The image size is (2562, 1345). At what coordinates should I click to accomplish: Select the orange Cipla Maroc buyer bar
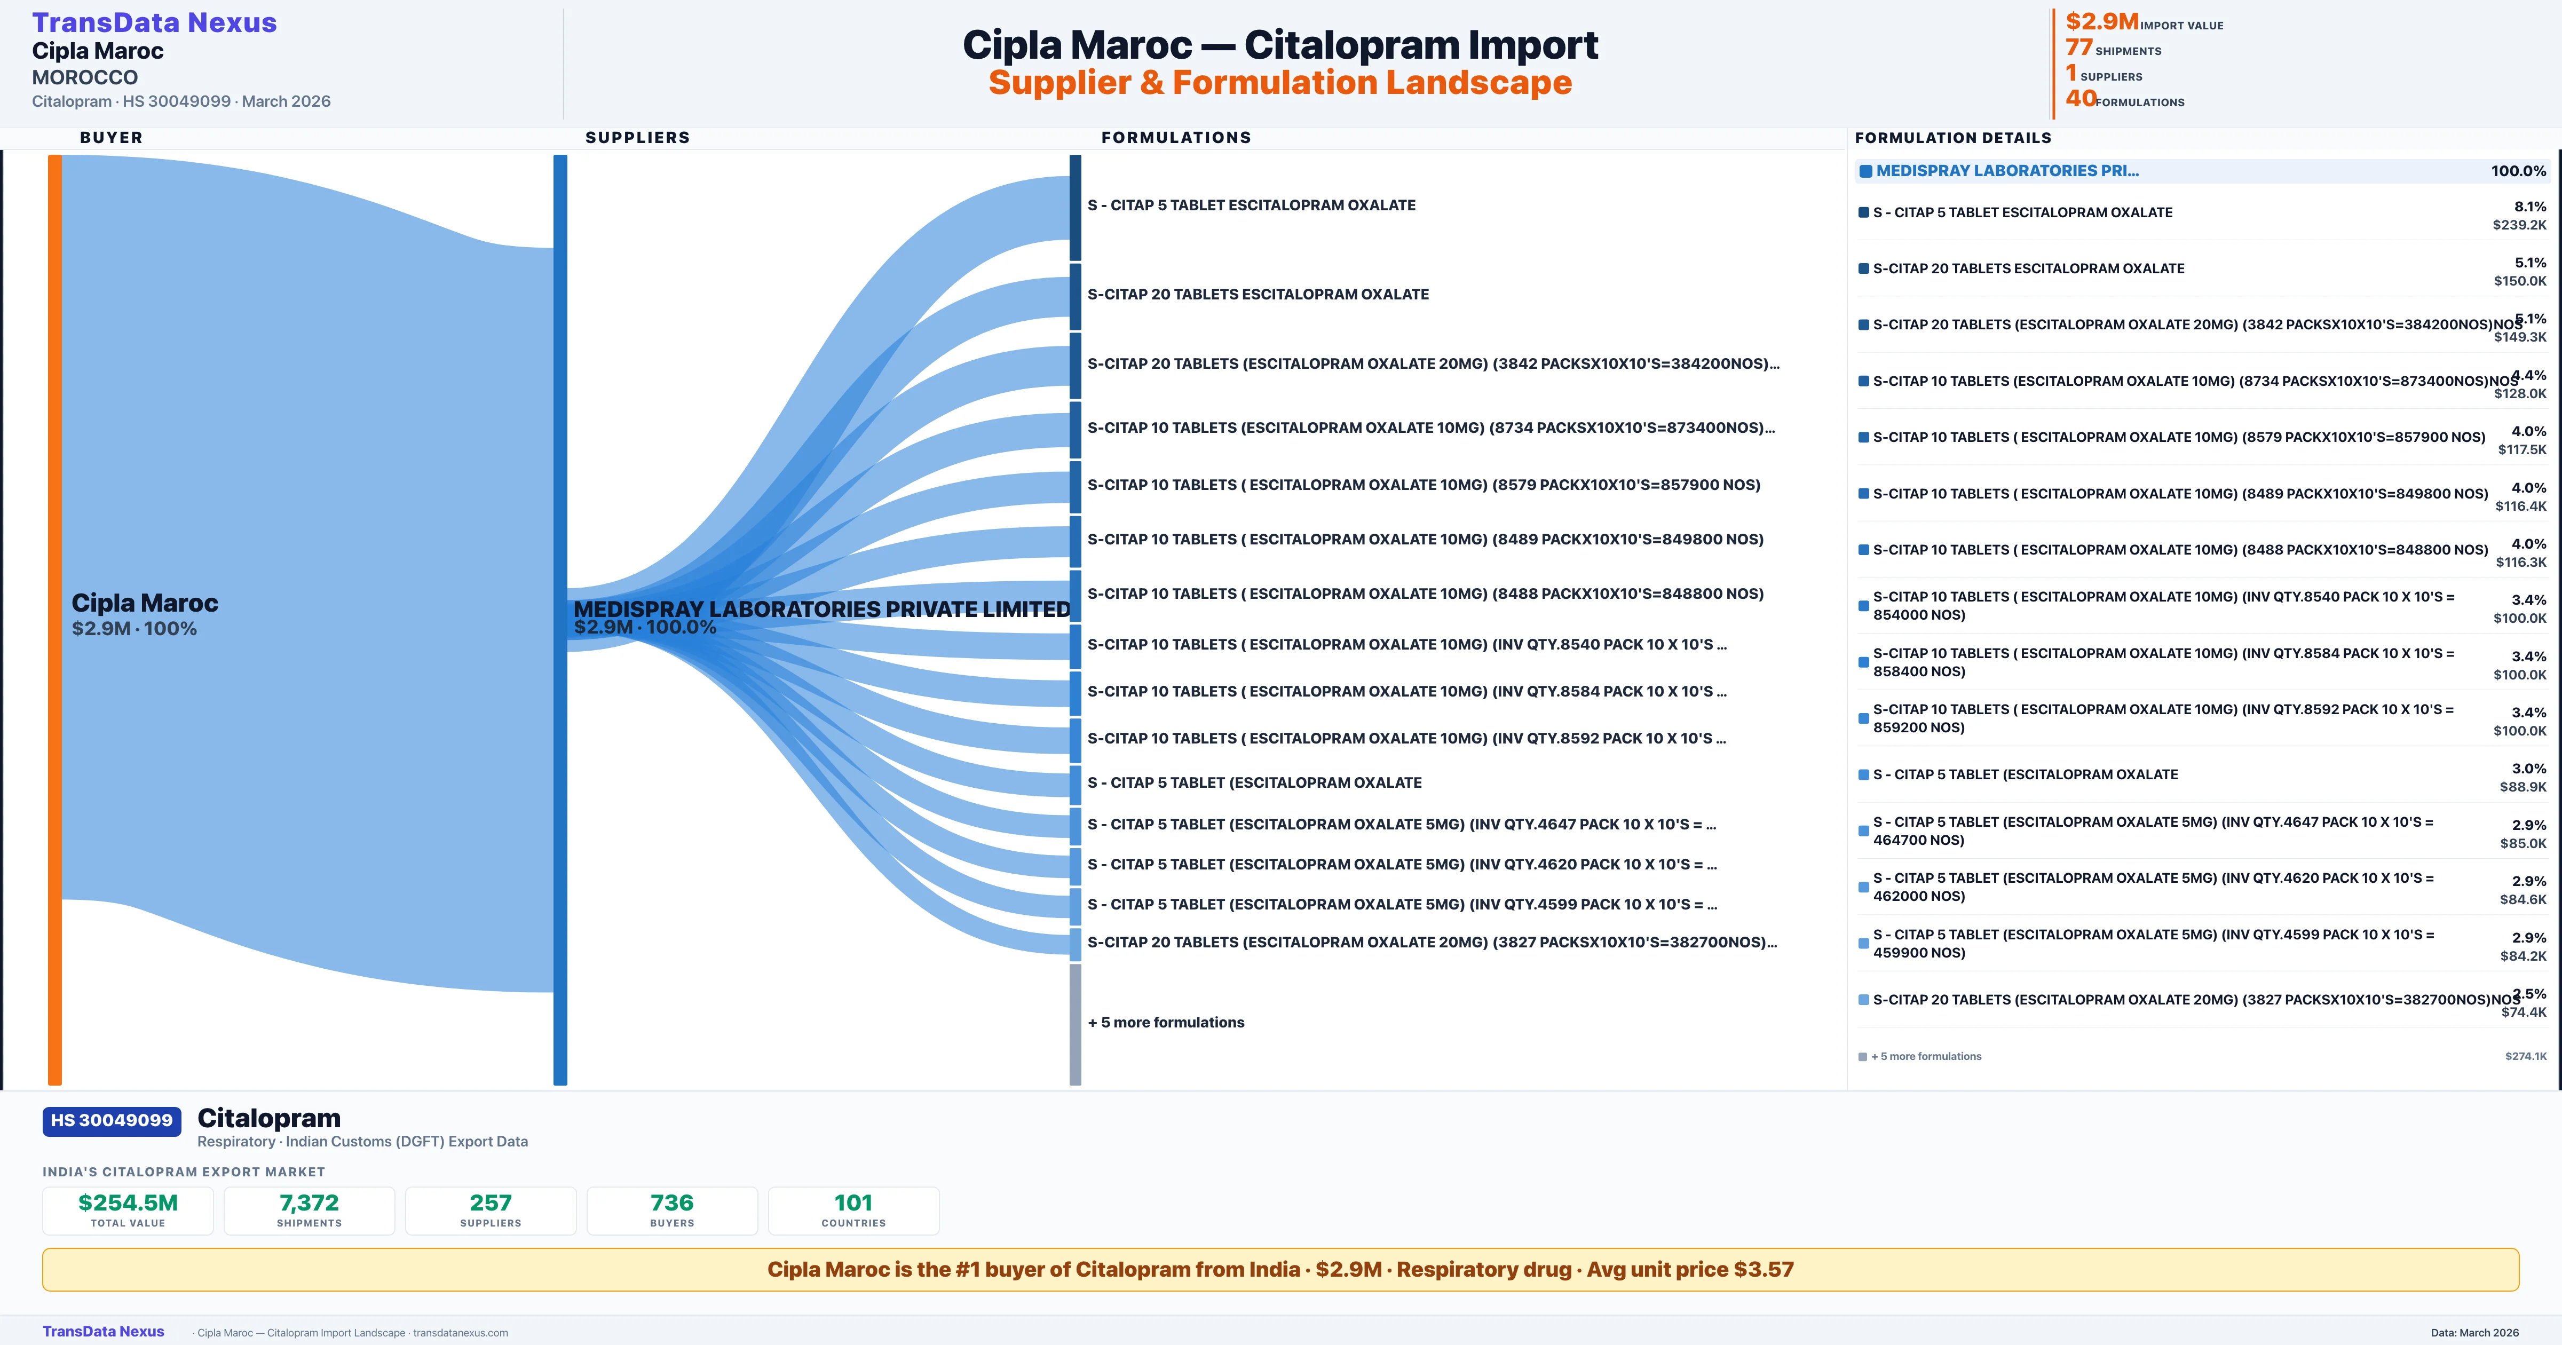(54, 619)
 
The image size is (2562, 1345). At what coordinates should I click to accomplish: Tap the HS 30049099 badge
(112, 1120)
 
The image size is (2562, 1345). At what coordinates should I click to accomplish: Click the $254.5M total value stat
(128, 1202)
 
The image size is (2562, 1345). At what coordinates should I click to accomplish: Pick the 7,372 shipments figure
(310, 1202)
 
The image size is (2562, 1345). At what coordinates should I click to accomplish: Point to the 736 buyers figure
(673, 1202)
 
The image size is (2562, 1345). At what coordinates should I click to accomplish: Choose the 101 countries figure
(853, 1202)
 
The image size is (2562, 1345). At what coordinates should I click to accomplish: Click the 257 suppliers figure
(491, 1202)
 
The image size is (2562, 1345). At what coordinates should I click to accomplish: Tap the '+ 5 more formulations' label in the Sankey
(1166, 1023)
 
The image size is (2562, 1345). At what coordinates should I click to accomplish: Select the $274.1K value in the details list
(2526, 1056)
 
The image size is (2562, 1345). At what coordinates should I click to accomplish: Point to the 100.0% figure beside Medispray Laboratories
(2518, 171)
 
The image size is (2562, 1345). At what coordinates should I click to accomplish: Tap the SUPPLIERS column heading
(637, 137)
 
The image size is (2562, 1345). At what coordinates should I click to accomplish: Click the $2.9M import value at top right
(2101, 21)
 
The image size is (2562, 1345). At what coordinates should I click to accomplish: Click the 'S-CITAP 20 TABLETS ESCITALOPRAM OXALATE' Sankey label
(1258, 295)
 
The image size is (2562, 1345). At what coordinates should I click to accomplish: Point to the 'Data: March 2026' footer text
(2474, 1333)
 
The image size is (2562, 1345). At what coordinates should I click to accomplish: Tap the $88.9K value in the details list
(2523, 787)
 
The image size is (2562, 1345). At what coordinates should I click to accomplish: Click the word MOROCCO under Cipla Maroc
(84, 77)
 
